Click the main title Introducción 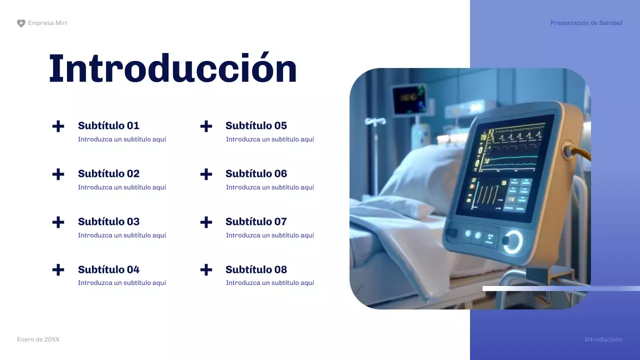pyautogui.click(x=172, y=68)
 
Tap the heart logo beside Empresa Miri pyautogui.click(x=21, y=23)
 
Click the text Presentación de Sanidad pyautogui.click(x=586, y=23)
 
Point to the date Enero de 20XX pyautogui.click(x=38, y=339)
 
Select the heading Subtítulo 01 pyautogui.click(x=108, y=125)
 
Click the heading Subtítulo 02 pyautogui.click(x=108, y=173)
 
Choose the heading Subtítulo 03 pyautogui.click(x=108, y=221)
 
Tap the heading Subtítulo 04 pyautogui.click(x=108, y=269)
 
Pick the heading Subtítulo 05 pyautogui.click(x=256, y=125)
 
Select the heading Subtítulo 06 pyautogui.click(x=256, y=173)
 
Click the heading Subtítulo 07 pyautogui.click(x=256, y=221)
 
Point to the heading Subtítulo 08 pyautogui.click(x=256, y=269)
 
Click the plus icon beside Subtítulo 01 pyautogui.click(x=58, y=126)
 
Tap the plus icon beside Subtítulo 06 pyautogui.click(x=206, y=174)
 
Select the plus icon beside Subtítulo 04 pyautogui.click(x=58, y=270)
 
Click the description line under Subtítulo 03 pyautogui.click(x=121, y=235)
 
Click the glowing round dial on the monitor pyautogui.click(x=512, y=241)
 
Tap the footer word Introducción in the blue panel pyautogui.click(x=603, y=339)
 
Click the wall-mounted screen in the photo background pyautogui.click(x=408, y=99)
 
